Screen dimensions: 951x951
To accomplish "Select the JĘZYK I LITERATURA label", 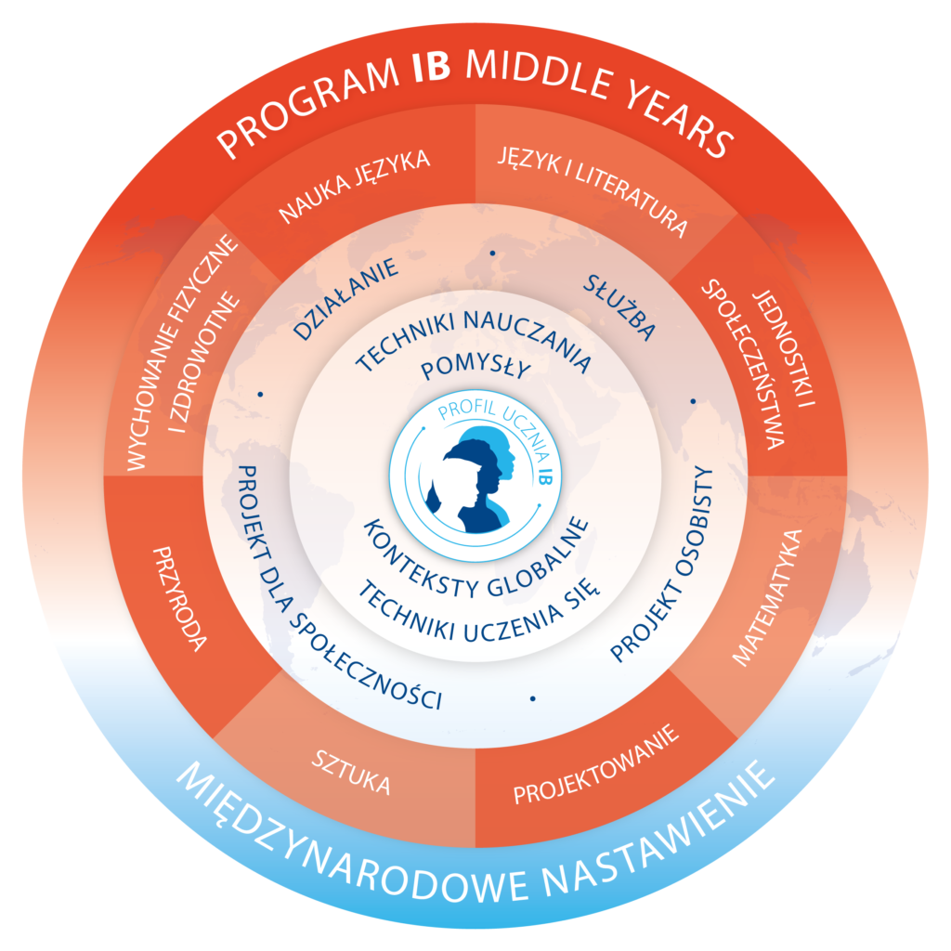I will pyautogui.click(x=593, y=189).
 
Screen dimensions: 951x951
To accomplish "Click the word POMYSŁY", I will pyautogui.click(x=475, y=370).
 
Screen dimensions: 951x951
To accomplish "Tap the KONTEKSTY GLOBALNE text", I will pyautogui.click(x=475, y=556).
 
